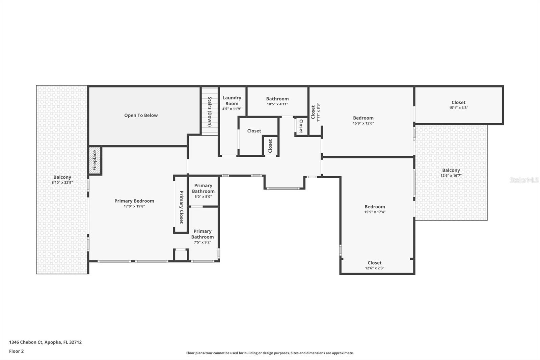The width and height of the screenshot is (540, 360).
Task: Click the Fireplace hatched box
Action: tap(95, 160)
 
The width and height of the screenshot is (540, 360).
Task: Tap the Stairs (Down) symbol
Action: tap(210, 111)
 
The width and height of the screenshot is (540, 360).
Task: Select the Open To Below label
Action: tap(141, 115)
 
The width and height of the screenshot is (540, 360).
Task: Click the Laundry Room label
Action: tap(232, 101)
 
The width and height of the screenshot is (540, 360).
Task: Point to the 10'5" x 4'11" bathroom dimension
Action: tap(277, 104)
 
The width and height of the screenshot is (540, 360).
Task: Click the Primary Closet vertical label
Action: tap(181, 207)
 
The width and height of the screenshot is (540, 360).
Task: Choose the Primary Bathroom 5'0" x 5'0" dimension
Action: tap(203, 197)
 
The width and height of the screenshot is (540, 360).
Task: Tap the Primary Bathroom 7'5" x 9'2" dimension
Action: tap(202, 242)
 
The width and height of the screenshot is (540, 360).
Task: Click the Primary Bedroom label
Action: tap(134, 201)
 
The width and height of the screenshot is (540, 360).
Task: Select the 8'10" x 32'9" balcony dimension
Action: tap(62, 182)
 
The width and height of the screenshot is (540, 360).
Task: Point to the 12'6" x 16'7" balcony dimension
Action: tap(451, 176)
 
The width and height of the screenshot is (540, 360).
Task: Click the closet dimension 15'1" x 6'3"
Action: tap(458, 108)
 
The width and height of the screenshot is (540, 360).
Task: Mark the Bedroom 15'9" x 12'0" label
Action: tap(363, 118)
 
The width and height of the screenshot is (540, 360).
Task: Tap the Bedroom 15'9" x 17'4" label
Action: tap(375, 207)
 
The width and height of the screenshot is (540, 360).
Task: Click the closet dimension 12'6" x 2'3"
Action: tap(375, 268)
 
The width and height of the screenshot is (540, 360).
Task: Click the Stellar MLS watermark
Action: tap(524, 180)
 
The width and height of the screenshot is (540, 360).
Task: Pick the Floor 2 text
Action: tap(16, 351)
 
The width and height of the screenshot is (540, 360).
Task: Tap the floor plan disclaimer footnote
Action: tap(270, 353)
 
